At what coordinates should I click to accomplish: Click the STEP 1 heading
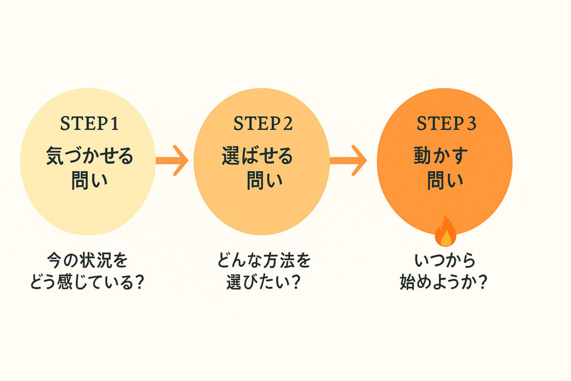pyautogui.click(x=89, y=124)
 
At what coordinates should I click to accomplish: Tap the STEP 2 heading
pyautogui.click(x=263, y=124)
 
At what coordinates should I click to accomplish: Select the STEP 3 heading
pyautogui.click(x=446, y=124)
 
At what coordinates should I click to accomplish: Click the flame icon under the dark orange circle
pyautogui.click(x=445, y=232)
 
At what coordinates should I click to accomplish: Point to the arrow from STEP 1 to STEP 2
pyautogui.click(x=172, y=160)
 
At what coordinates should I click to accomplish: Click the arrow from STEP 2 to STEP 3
pyautogui.click(x=349, y=160)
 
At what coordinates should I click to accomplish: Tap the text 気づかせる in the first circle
pyautogui.click(x=90, y=156)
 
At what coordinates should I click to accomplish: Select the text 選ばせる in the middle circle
pyautogui.click(x=257, y=156)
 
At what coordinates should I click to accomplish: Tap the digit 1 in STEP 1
pyautogui.click(x=114, y=124)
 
